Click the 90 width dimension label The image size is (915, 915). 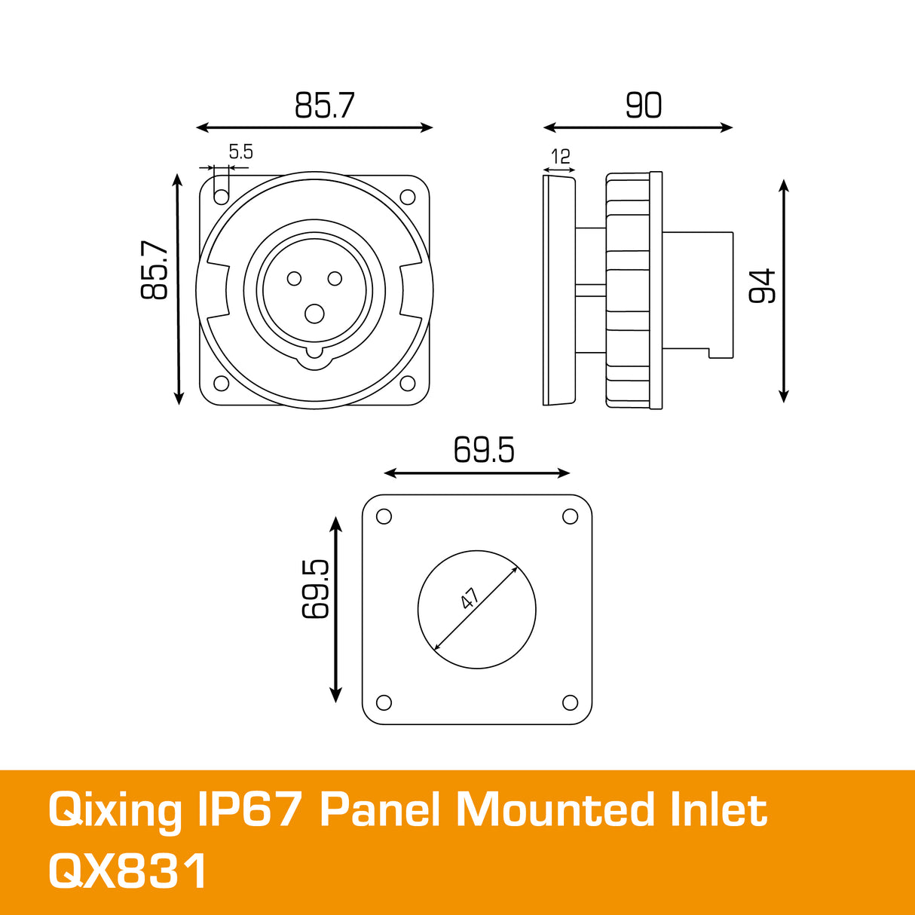tap(643, 106)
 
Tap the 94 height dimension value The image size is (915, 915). tap(762, 286)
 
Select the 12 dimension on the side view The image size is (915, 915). tap(560, 157)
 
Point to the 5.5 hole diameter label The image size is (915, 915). tap(240, 151)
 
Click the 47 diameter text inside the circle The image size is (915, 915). tap(470, 599)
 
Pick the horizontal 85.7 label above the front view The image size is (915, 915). tap(324, 106)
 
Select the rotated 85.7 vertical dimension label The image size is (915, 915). tap(155, 270)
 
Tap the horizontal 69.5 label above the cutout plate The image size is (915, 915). tap(483, 451)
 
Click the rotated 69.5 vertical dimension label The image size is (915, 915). tap(316, 589)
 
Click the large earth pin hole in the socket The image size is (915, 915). tap(314, 313)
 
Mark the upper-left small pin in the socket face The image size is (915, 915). tap(294, 279)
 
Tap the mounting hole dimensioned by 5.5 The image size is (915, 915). tap(221, 197)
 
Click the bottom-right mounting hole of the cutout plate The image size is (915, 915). tap(570, 702)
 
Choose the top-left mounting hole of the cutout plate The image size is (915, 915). tap(383, 516)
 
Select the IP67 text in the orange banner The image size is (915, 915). tap(249, 810)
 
